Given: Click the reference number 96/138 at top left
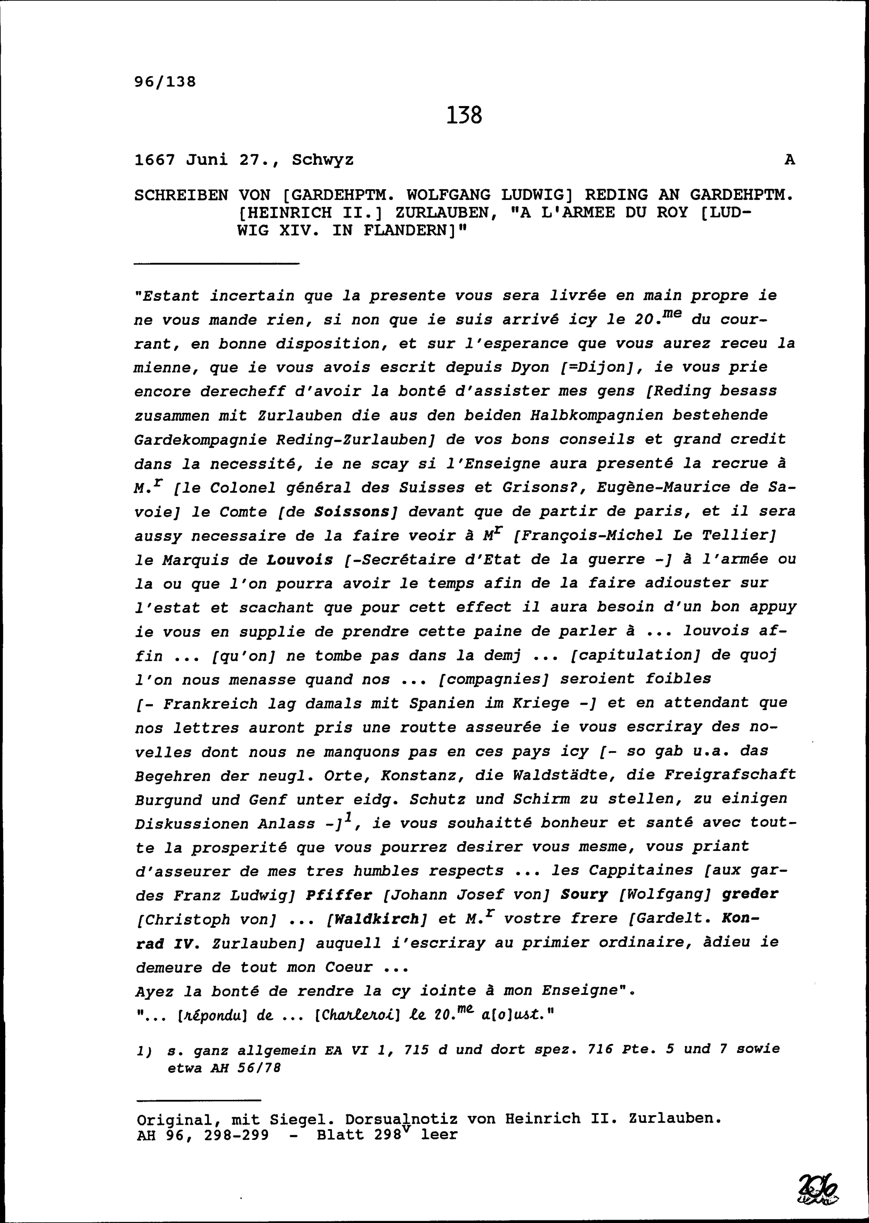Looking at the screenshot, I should pyautogui.click(x=165, y=81).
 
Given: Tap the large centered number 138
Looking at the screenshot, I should pyautogui.click(x=464, y=115).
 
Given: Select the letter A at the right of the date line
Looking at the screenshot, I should pyautogui.click(x=789, y=160).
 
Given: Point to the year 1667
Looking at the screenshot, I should pyautogui.click(x=155, y=160).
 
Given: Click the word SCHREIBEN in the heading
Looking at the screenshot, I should pyautogui.click(x=181, y=195).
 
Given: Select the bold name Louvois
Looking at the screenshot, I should pyautogui.click(x=300, y=560).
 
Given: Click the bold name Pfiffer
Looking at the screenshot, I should pyautogui.click(x=339, y=895).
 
